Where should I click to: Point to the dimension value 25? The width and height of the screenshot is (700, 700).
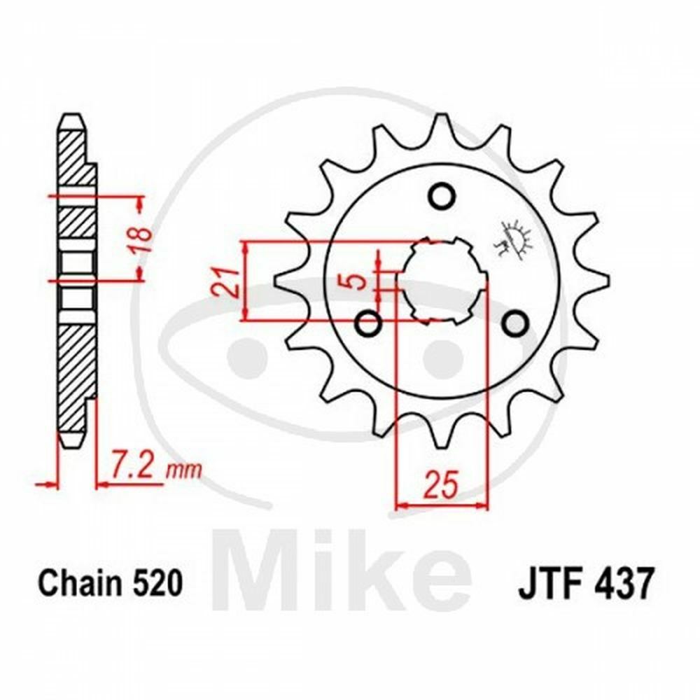tap(442, 483)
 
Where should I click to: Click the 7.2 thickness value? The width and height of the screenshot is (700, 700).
tap(133, 465)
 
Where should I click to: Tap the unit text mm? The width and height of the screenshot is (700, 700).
tap(183, 469)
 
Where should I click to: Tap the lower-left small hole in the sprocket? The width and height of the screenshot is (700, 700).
tap(368, 324)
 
